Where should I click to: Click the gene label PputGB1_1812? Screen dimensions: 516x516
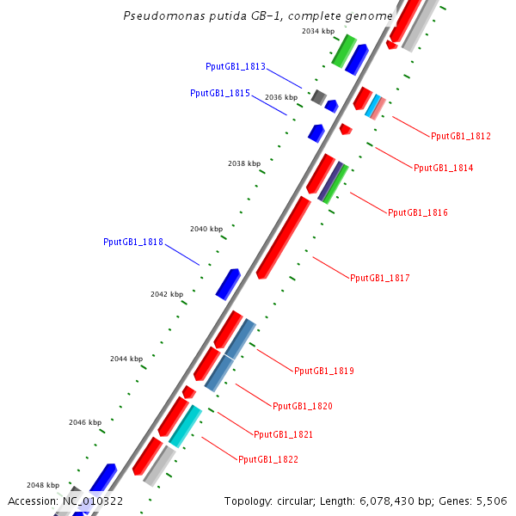461,136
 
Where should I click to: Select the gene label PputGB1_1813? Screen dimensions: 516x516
236,67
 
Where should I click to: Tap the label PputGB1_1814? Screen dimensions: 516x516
443,168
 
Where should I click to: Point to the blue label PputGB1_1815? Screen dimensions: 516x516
219,93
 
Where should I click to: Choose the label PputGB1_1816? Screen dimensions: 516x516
418,212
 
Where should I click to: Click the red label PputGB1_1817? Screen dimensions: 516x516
380,278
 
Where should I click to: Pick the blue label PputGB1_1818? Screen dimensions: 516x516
133,243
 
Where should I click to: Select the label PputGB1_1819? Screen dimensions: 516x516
324,372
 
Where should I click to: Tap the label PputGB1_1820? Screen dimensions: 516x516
302,406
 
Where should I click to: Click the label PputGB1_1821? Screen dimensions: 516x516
283,434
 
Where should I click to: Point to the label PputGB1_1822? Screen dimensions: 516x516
268,460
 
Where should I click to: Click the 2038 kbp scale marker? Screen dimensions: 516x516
243,163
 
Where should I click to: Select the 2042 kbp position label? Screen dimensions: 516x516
167,294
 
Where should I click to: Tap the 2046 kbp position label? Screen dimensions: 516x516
85,422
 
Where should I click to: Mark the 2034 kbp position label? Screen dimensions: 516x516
318,31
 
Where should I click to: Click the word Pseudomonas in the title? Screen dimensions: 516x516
157,16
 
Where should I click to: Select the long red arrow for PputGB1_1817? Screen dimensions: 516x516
284,237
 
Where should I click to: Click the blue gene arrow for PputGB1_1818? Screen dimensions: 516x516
228,283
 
